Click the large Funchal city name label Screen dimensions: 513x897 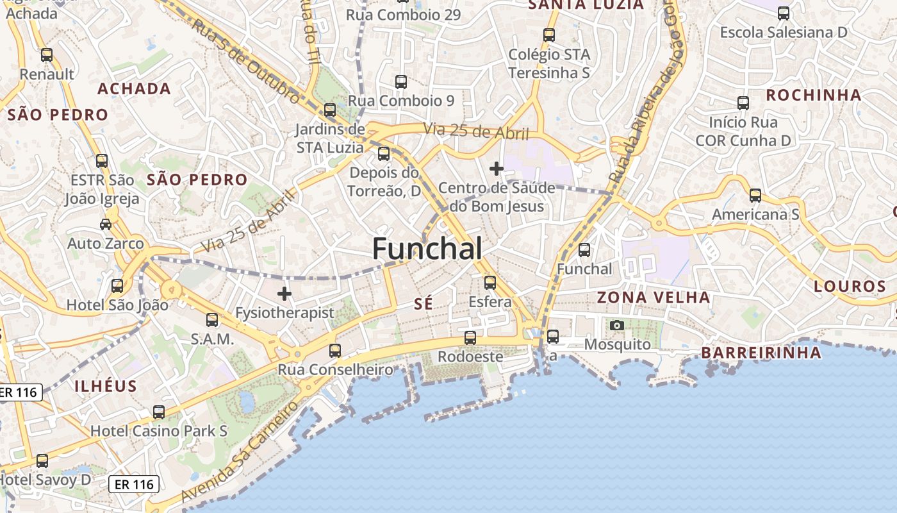pos(427,249)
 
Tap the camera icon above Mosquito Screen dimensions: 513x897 pos(617,326)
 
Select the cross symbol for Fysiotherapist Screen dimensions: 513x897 pos(284,294)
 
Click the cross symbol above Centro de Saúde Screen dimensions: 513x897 pos(497,169)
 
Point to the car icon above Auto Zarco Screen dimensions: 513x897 pos(106,224)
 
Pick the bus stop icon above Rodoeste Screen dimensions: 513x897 pos(470,337)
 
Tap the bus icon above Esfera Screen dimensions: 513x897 pos(490,282)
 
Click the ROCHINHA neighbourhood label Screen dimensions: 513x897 pos(814,96)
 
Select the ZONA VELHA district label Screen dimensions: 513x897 pos(654,298)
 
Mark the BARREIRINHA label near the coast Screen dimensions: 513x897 pos(761,353)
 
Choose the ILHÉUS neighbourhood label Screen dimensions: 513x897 pos(106,386)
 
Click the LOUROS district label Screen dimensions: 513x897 pos(850,287)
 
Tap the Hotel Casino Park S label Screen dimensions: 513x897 pos(159,431)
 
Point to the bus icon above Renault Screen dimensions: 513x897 pos(47,55)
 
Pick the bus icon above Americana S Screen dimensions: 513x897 pos(755,196)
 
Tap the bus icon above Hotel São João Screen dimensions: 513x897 pos(117,286)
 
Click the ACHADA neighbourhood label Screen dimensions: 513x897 pos(134,89)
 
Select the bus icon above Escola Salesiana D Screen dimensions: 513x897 pos(783,13)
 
